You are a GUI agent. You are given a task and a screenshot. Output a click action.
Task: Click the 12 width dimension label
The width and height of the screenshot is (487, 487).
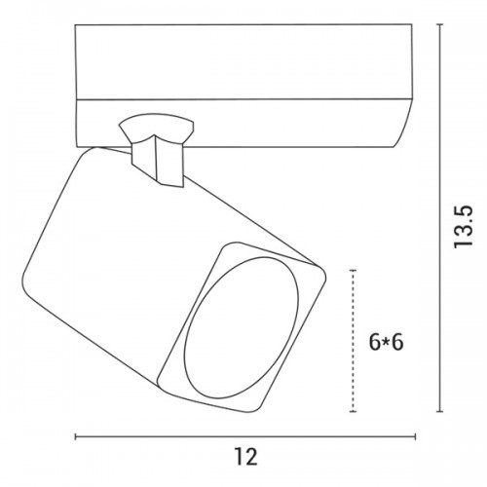tap(245, 457)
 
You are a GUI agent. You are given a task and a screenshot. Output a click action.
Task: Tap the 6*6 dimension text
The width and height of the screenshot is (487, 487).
tap(386, 342)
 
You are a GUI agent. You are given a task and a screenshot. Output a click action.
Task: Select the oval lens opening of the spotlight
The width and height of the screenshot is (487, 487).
tap(241, 328)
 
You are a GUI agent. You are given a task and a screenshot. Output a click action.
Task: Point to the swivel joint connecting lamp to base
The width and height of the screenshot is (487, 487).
tap(158, 149)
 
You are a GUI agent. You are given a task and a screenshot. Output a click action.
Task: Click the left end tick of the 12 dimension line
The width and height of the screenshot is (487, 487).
tap(75, 436)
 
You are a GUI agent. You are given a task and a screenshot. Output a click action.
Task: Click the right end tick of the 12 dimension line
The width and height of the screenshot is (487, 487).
tap(416, 436)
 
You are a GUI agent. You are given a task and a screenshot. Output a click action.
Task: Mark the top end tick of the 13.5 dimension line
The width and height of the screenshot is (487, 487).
tap(439, 24)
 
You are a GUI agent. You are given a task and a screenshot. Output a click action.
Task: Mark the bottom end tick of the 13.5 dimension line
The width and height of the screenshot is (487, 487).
tap(439, 412)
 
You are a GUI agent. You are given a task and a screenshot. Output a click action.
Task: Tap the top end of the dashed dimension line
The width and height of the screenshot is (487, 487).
tap(353, 270)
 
